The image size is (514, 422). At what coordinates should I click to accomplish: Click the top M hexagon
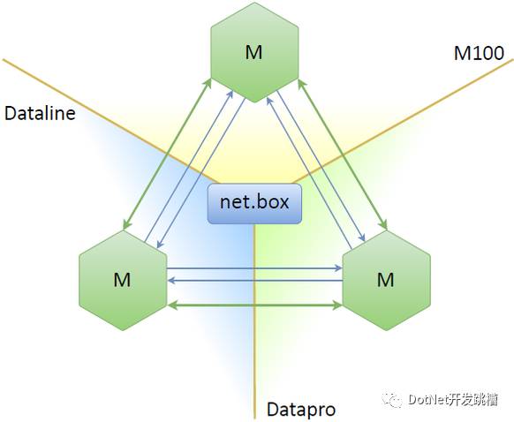(x=254, y=52)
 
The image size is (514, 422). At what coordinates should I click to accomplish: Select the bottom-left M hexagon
(x=123, y=280)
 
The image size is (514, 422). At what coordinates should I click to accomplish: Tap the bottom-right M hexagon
(x=386, y=280)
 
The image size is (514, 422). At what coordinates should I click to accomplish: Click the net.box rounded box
(x=254, y=204)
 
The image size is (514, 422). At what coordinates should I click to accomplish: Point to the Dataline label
(x=40, y=113)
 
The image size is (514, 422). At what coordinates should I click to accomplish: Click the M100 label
(x=479, y=53)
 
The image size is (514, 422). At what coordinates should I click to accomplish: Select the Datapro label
(x=301, y=410)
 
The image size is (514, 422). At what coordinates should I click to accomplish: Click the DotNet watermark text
(x=453, y=399)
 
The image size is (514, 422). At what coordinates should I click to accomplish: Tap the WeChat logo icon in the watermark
(x=393, y=399)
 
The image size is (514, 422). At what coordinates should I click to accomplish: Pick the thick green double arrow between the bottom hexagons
(x=254, y=305)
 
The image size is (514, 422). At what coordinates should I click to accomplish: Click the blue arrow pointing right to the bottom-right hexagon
(x=254, y=268)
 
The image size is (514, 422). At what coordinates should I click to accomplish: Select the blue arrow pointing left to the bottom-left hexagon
(x=254, y=281)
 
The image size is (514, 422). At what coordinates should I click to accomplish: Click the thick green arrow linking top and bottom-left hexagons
(x=167, y=154)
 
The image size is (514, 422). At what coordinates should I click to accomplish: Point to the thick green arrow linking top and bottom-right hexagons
(x=343, y=154)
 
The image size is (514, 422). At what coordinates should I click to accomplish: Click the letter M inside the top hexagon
(x=253, y=52)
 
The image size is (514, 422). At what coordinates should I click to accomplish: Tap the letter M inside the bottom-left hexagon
(x=122, y=280)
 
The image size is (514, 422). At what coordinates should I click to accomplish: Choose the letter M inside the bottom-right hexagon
(x=385, y=280)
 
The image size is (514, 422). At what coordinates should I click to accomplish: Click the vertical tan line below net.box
(x=254, y=322)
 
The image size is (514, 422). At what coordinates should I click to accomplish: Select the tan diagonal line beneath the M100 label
(x=404, y=121)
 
